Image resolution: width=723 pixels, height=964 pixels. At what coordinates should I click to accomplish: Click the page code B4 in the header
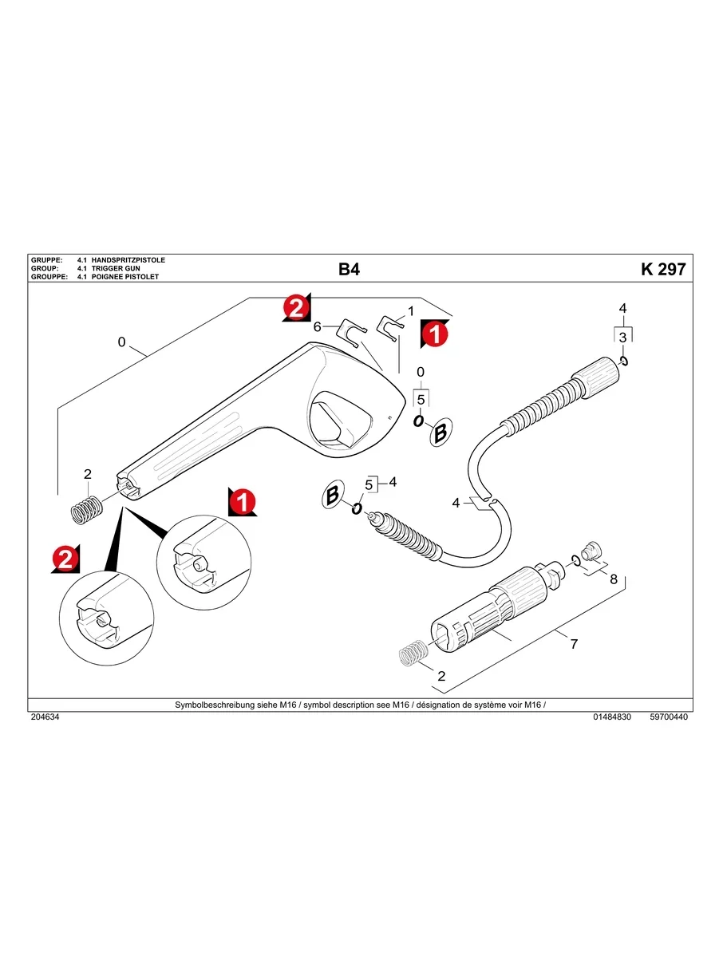pos(349,270)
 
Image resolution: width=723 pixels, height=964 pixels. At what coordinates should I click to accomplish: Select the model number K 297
pos(662,270)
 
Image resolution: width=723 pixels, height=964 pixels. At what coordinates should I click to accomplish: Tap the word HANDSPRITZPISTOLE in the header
pos(128,261)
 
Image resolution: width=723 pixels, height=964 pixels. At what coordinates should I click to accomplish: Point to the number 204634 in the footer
pos(45,717)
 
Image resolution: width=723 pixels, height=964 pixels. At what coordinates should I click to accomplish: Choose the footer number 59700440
pos(669,717)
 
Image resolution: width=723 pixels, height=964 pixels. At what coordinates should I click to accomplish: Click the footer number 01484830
pos(612,717)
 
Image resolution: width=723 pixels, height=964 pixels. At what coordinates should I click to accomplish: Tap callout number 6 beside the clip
pos(317,326)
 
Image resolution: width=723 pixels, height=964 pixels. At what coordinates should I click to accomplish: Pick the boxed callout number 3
pos(623,338)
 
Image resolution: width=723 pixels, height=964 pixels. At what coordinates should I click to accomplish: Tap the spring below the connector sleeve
pos(413,654)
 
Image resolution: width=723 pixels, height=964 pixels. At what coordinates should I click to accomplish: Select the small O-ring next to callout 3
pos(626,361)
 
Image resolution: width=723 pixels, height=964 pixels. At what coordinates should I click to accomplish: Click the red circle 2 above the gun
pos(295,308)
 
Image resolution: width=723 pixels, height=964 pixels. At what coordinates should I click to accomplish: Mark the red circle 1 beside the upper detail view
pos(240,502)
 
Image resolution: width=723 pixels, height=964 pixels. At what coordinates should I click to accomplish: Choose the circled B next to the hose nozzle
pos(333,496)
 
